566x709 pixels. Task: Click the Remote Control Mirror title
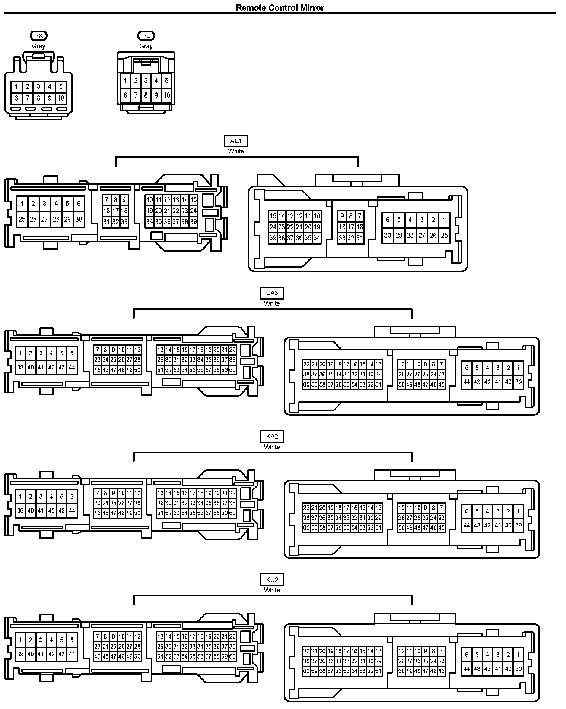tap(280, 8)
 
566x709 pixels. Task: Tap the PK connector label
tap(38, 36)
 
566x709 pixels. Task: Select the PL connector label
tap(146, 36)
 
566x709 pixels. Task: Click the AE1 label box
tap(236, 141)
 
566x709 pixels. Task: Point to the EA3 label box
tap(272, 293)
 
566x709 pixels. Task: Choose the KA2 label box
tap(272, 437)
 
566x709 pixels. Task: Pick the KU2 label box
tap(272, 580)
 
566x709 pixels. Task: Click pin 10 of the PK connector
tap(61, 98)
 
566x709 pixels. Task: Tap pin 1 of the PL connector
tap(125, 81)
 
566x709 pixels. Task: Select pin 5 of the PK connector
tap(61, 87)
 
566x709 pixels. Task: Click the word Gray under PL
tap(146, 46)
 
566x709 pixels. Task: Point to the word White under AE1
tap(236, 151)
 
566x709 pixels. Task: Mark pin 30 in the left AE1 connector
tap(79, 219)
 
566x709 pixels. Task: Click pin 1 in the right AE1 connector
tap(444, 220)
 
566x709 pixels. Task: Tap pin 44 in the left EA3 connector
tap(72, 367)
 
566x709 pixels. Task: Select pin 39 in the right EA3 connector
tap(518, 382)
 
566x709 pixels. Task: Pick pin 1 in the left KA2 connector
tap(20, 497)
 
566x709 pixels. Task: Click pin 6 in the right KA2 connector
tap(467, 511)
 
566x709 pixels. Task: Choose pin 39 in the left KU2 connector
tap(20, 654)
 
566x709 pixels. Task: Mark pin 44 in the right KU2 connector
tap(467, 669)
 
